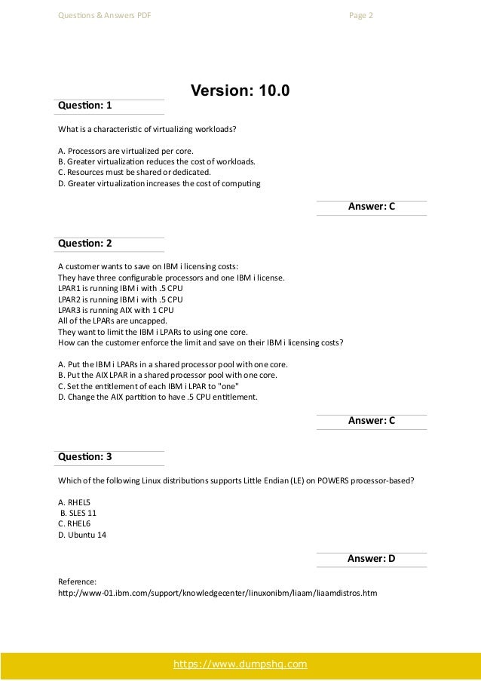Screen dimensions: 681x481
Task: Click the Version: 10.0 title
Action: pos(240,91)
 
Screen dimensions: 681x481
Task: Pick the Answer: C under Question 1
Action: pos(371,207)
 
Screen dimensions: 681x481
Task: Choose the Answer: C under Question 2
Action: pos(371,422)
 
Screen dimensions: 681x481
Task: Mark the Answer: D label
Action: pos(371,559)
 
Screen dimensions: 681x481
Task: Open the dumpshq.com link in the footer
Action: pos(240,664)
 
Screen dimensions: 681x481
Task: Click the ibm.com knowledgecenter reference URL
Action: pos(217,593)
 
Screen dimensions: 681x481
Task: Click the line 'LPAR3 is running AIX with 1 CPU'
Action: pos(115,309)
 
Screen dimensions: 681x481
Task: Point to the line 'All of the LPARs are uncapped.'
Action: pos(112,321)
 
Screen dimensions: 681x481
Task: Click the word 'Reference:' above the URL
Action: pos(77,582)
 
